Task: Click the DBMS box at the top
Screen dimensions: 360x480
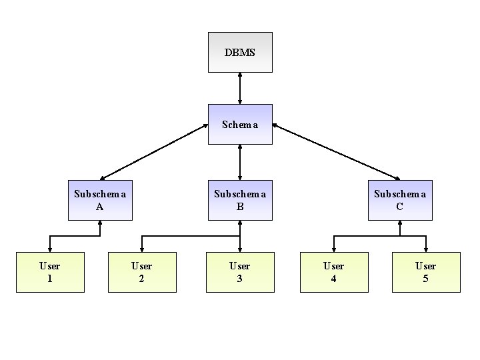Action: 240,52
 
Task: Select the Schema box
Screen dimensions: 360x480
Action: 240,124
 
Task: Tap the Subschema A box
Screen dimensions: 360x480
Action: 100,200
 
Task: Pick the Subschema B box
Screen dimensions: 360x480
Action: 240,200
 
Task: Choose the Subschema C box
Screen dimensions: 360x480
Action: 400,200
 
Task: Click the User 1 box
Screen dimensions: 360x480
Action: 50,272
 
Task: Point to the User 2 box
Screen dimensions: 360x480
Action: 142,272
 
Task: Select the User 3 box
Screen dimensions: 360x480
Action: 240,272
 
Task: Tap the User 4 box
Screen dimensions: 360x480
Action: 334,272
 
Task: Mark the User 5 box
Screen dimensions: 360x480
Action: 426,272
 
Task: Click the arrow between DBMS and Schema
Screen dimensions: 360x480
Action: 240,88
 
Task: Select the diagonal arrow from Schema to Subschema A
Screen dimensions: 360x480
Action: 153,152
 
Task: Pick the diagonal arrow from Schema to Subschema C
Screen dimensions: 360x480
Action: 336,152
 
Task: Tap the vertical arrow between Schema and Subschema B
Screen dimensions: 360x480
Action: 240,162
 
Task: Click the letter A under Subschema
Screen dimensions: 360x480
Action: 100,207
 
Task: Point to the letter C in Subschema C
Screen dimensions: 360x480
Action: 400,207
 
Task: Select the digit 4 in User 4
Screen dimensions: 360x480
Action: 334,279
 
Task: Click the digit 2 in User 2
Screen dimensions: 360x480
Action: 142,279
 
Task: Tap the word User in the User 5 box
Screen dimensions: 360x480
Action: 426,266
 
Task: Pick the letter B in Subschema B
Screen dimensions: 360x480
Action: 240,207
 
